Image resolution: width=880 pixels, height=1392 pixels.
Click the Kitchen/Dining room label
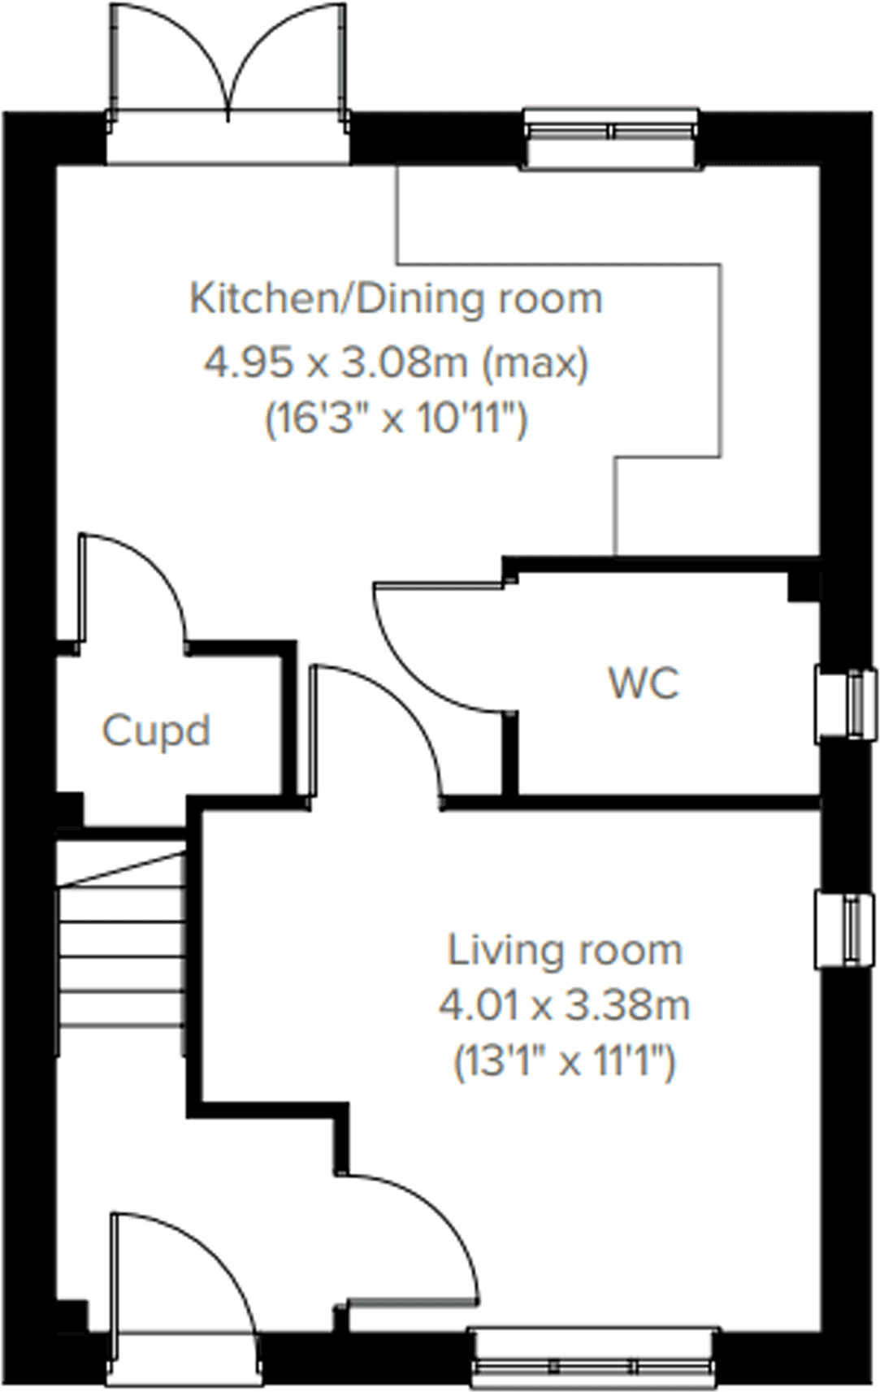pos(396,299)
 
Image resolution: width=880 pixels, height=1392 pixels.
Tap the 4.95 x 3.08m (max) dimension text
pos(396,362)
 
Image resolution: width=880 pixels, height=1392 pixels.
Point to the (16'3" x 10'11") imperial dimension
pos(396,419)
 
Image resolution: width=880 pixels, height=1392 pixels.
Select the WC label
pos(644,683)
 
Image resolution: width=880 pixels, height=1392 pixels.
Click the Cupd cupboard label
pos(156,731)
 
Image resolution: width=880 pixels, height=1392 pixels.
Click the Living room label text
pos(565,951)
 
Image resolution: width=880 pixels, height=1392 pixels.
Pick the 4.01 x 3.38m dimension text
pos(565,1006)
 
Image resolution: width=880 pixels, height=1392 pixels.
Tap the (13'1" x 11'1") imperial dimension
pos(565,1061)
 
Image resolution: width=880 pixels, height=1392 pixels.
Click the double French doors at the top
pos(229,73)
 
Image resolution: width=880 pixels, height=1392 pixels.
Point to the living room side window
pos(847,929)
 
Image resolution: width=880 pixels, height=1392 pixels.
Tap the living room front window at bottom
pos(593,1355)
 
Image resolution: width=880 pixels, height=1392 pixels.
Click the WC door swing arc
pos(439,650)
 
